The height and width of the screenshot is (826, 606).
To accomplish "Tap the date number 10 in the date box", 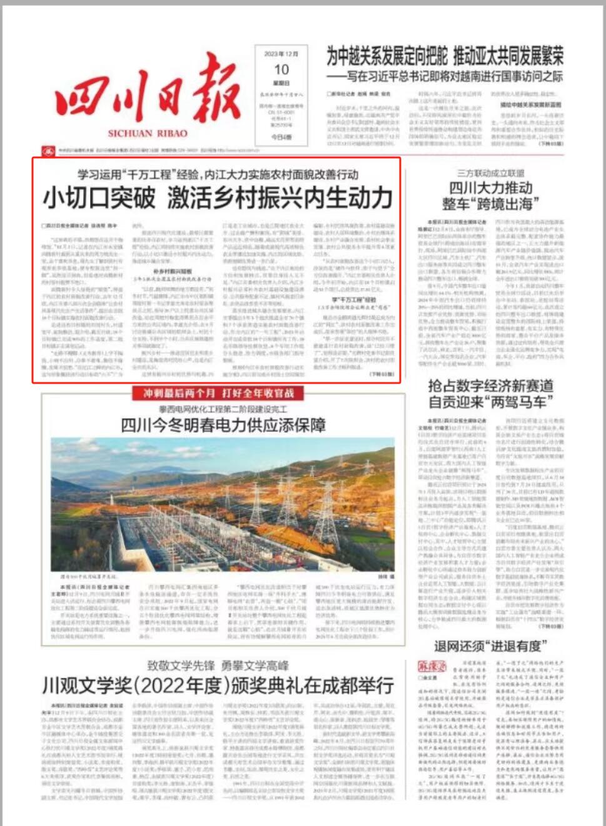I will click(281, 69).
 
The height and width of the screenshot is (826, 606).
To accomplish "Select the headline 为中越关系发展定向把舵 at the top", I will click(387, 57).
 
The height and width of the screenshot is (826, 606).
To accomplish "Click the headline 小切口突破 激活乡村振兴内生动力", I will click(217, 198).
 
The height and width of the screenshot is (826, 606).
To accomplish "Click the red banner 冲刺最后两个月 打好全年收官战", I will click(218, 393).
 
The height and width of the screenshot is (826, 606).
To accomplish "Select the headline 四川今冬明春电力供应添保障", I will click(223, 426).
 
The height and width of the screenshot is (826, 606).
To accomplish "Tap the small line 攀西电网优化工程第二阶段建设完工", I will click(223, 409).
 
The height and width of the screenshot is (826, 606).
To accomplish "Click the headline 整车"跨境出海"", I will click(491, 204).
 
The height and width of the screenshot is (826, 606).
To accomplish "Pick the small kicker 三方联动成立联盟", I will click(491, 173).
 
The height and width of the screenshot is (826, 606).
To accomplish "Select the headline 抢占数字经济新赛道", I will click(491, 385).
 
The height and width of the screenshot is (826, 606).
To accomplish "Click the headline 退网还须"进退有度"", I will click(491, 645).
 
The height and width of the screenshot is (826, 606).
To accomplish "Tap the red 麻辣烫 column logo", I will click(430, 666).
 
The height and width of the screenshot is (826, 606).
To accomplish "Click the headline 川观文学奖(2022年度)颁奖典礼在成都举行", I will click(218, 685).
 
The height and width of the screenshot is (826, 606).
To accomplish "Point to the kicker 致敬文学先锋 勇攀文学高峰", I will click(218, 665).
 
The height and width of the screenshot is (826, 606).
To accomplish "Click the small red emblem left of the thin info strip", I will click(48, 151).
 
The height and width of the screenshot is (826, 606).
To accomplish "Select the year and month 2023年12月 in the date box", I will click(281, 54).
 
